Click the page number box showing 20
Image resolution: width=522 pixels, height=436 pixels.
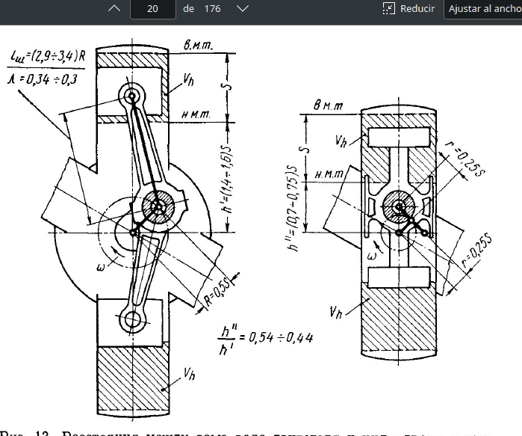click(152, 9)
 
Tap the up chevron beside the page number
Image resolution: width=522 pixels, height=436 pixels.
click(114, 9)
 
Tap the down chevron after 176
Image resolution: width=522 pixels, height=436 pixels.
click(241, 9)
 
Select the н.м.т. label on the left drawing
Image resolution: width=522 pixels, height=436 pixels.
click(196, 114)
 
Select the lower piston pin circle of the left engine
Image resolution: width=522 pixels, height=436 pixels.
click(134, 321)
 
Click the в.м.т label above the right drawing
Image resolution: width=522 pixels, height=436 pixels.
click(329, 106)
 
